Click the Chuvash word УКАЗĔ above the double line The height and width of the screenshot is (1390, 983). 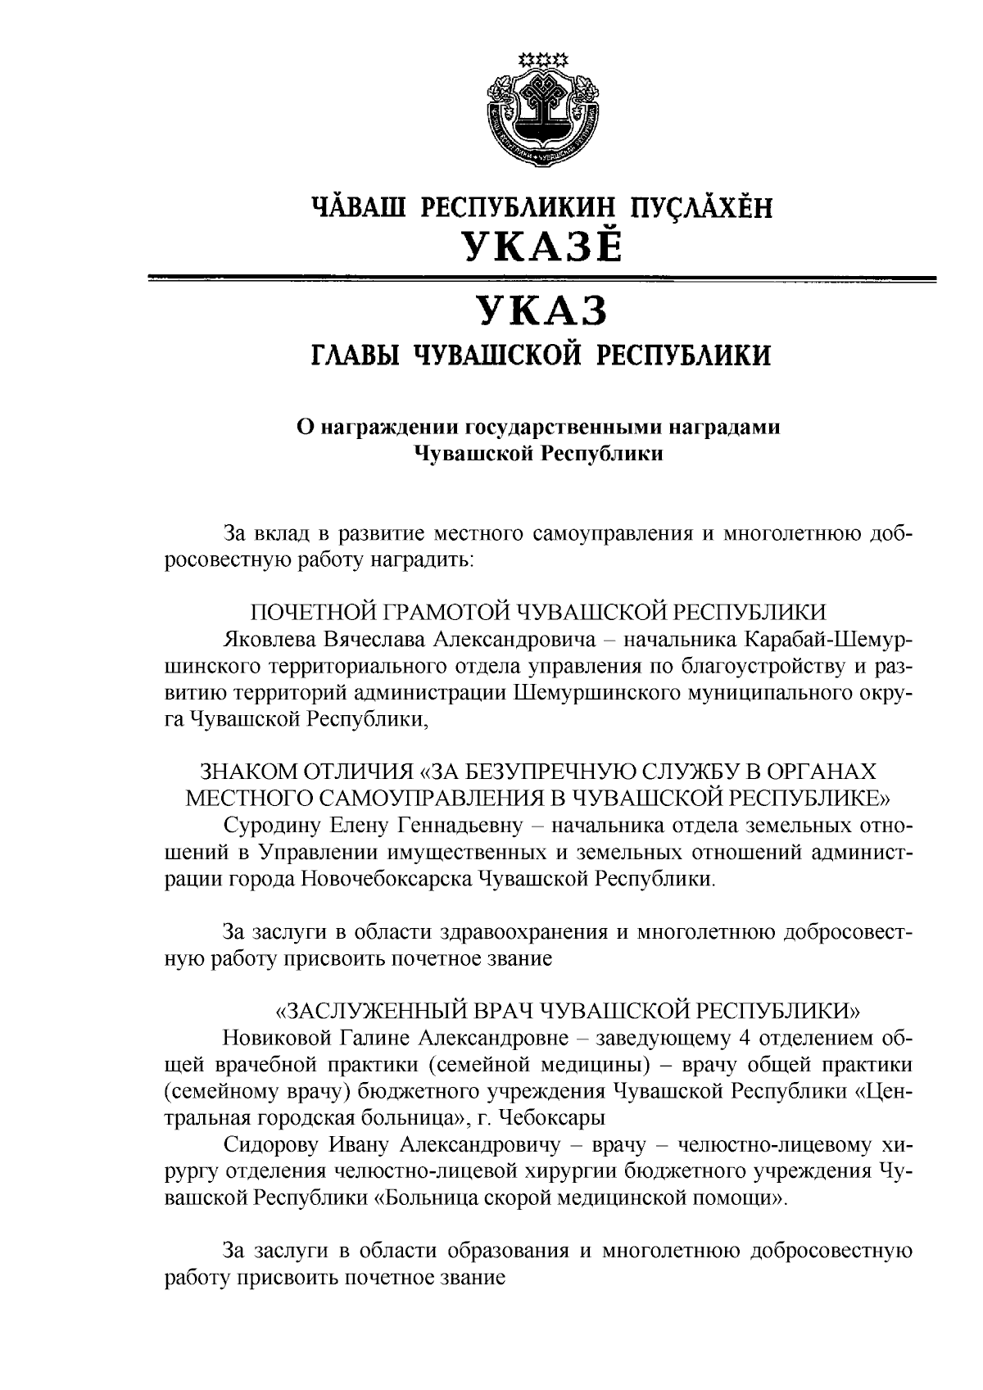(x=540, y=244)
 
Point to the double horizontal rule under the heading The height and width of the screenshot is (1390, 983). (x=540, y=281)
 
